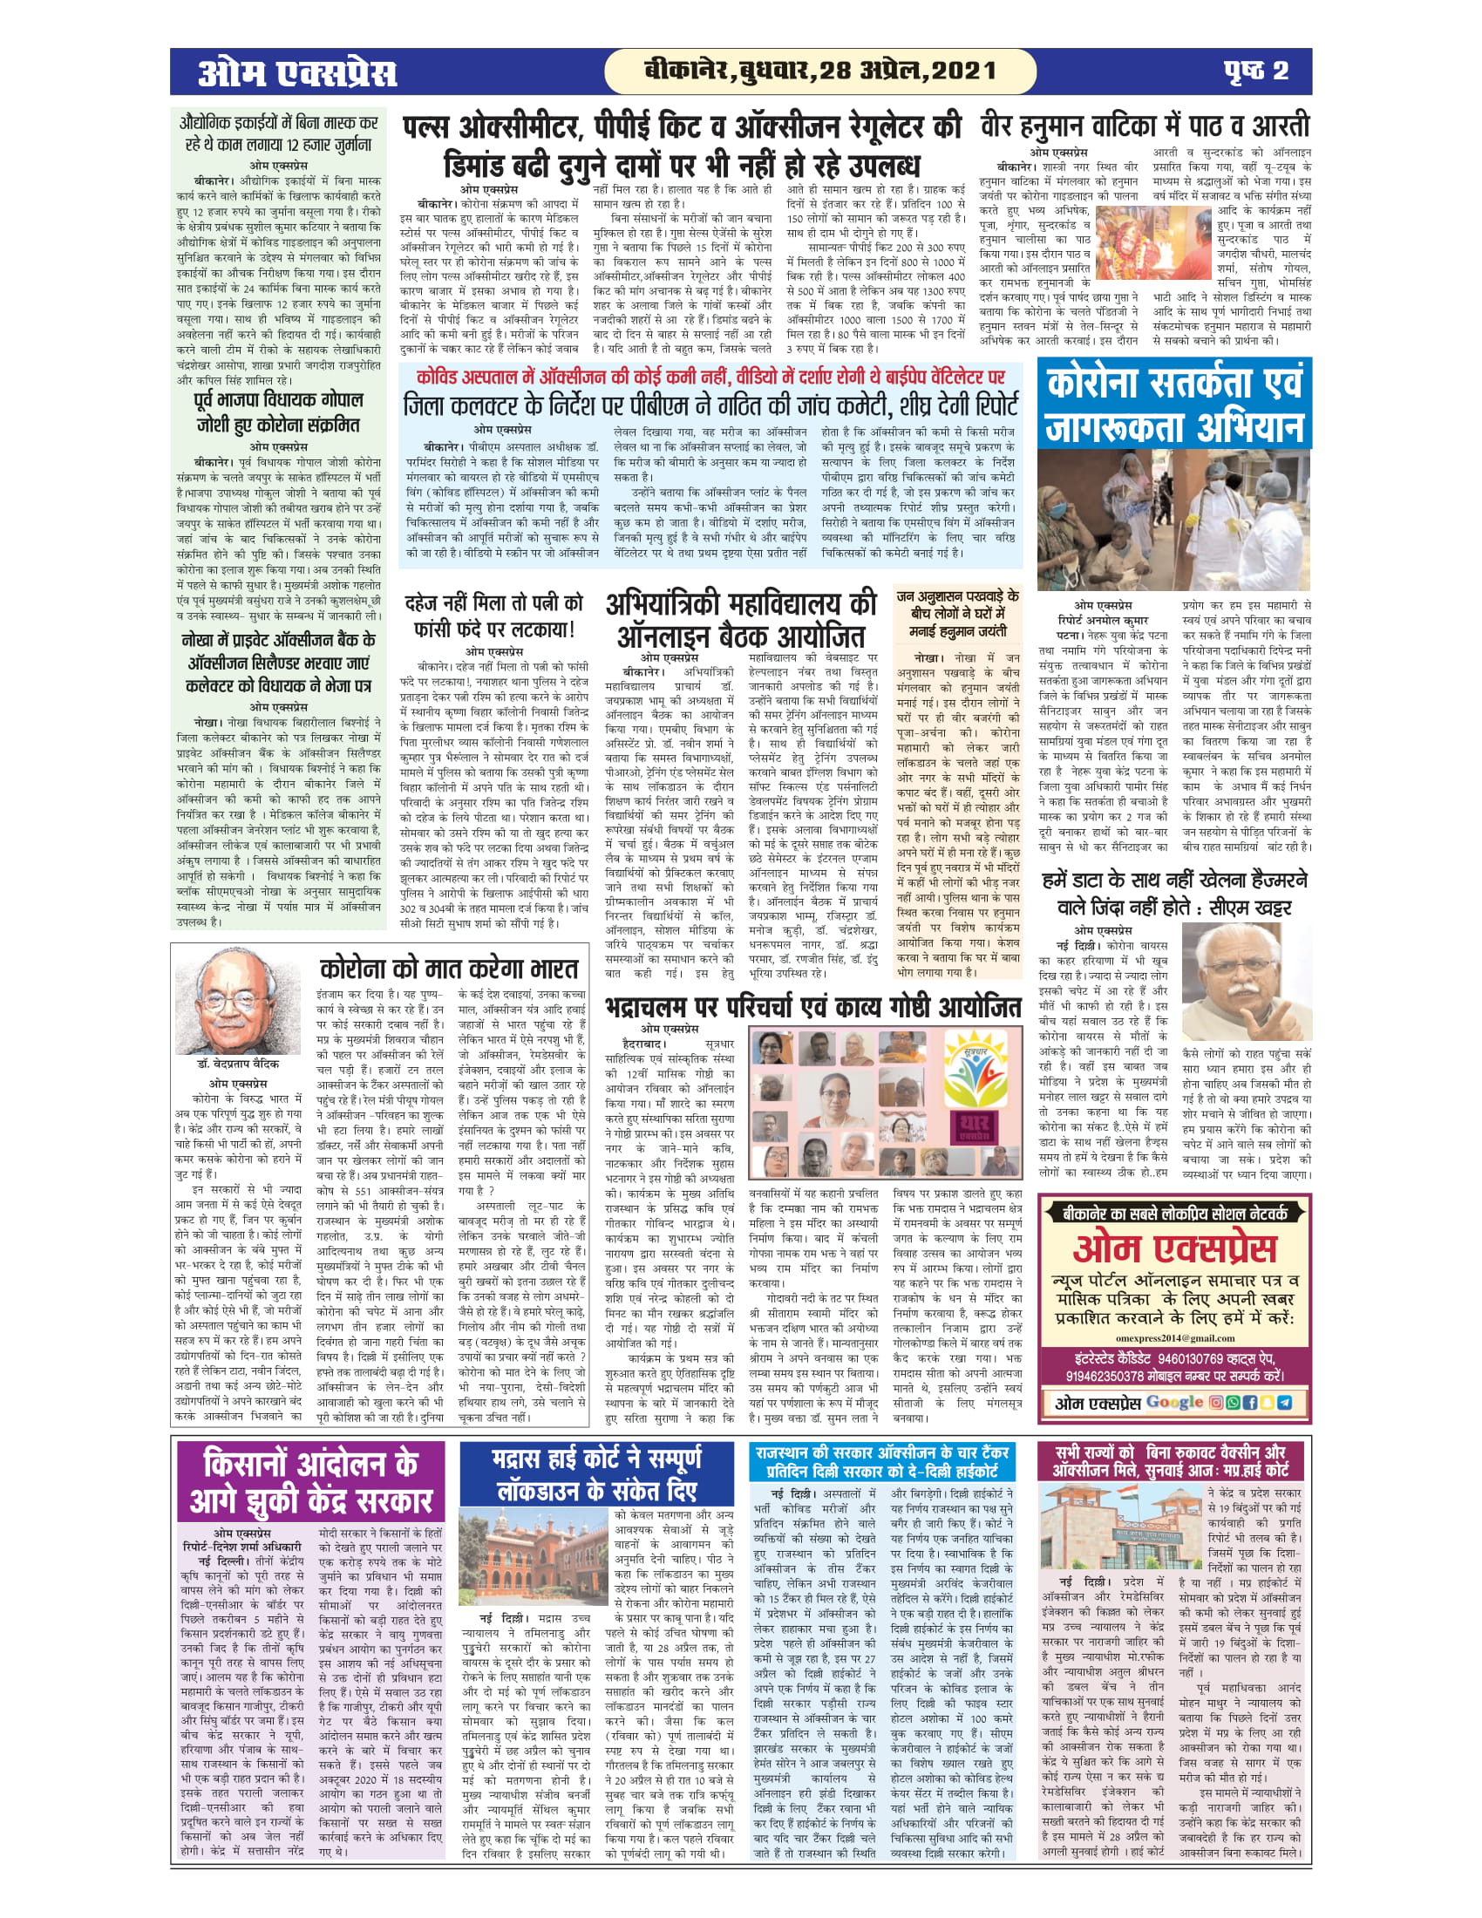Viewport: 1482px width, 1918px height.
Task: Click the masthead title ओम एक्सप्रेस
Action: (296, 72)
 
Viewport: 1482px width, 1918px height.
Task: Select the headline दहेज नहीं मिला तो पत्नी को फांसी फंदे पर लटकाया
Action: (493, 616)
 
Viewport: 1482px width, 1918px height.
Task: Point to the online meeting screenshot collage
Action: (884, 1103)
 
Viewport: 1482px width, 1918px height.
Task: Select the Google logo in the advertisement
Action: (1175, 1403)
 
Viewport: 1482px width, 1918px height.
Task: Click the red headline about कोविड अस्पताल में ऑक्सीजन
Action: (710, 377)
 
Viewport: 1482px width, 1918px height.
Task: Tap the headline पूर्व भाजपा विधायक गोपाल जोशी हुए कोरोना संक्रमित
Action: (277, 412)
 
